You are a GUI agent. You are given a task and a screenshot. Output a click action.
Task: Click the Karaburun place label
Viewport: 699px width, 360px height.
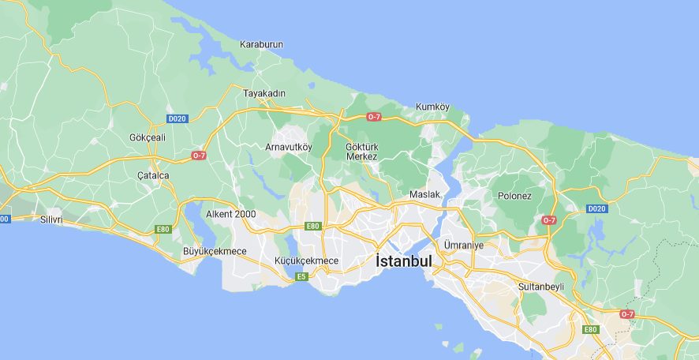click(261, 45)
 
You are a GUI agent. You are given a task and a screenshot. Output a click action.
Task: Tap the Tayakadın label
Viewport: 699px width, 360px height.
click(264, 93)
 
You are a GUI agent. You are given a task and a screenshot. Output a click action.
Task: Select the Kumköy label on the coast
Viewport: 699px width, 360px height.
click(432, 107)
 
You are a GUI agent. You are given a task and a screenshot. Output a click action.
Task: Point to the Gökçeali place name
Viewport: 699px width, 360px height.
click(148, 137)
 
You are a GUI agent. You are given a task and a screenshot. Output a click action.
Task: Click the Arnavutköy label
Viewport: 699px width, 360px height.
click(288, 147)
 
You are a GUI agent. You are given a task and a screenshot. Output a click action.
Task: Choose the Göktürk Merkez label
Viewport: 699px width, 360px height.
click(362, 151)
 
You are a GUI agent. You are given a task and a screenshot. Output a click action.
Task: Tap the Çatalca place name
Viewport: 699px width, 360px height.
click(153, 174)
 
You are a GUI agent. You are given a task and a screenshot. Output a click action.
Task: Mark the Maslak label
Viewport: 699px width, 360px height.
click(424, 194)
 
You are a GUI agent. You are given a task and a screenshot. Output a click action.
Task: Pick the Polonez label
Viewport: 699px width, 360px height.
click(514, 195)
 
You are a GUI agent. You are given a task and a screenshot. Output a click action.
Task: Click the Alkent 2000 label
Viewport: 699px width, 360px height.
click(230, 214)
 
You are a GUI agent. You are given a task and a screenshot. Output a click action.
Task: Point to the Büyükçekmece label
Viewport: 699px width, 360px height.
click(215, 251)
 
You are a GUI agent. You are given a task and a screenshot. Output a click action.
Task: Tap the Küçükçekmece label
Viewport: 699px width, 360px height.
click(306, 261)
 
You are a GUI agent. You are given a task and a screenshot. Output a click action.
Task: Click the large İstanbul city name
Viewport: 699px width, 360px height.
click(404, 261)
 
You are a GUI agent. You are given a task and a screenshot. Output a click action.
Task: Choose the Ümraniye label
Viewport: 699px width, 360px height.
click(463, 245)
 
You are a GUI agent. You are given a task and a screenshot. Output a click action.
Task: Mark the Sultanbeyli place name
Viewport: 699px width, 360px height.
click(541, 286)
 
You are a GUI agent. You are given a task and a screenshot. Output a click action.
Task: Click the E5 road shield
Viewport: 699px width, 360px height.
click(301, 276)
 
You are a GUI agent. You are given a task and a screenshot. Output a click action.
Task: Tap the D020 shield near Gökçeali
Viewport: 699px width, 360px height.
click(178, 118)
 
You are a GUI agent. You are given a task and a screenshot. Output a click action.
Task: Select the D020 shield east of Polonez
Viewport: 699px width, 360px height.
click(596, 209)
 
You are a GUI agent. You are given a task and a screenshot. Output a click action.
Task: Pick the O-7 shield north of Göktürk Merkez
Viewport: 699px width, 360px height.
click(374, 117)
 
